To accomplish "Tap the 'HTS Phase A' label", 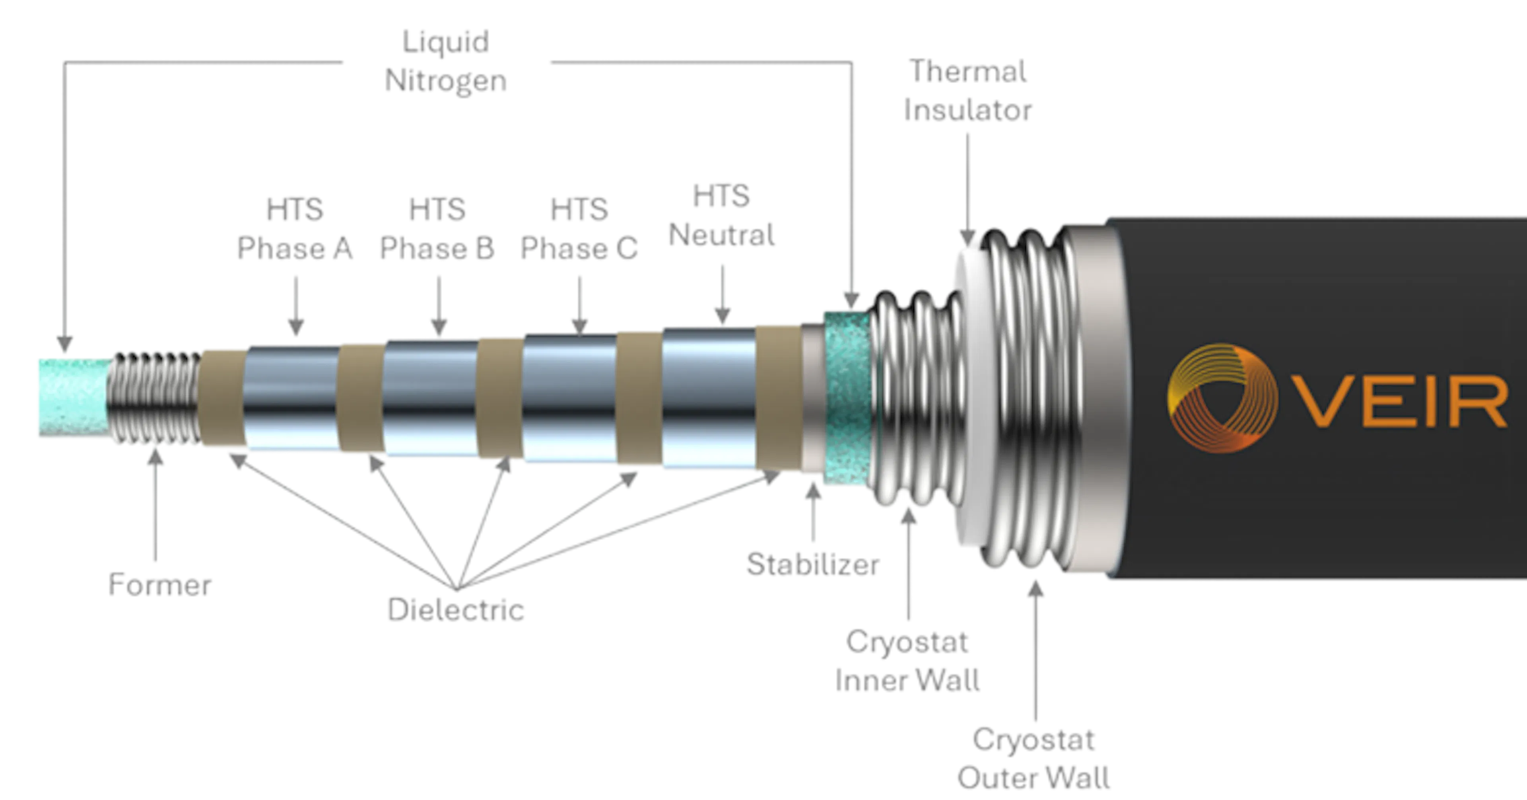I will coord(295,230).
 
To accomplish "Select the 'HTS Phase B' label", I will coord(437,230).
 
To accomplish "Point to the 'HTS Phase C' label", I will coord(579,230).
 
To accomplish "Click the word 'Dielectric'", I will coord(456,609).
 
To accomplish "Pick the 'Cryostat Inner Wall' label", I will coord(907,661).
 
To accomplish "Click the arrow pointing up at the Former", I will coord(155,504).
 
